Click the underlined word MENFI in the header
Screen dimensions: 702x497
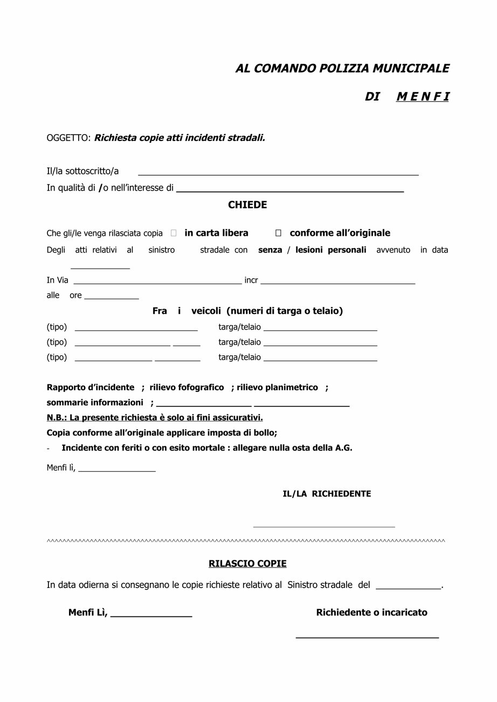tap(423, 97)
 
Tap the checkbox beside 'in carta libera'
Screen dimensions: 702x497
tap(174, 233)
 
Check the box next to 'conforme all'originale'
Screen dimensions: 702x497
tap(278, 233)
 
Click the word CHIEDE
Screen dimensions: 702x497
tap(247, 205)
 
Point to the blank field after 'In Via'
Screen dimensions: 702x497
tap(157, 281)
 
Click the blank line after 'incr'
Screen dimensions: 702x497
tap(337, 281)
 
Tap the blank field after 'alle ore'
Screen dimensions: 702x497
tap(112, 297)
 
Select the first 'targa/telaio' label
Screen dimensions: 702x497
tap(239, 327)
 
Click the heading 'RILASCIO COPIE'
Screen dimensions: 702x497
tap(247, 564)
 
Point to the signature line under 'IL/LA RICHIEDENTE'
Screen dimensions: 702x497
tap(324, 526)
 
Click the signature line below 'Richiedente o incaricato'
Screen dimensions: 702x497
tap(367, 637)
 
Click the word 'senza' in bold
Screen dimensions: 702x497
tap(270, 250)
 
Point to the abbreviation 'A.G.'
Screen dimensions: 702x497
tap(343, 448)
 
